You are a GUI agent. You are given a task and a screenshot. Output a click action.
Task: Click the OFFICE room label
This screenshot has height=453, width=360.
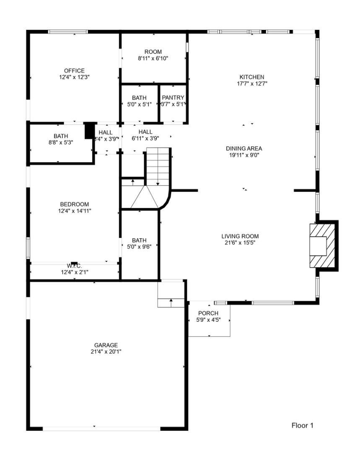pyautogui.click(x=74, y=71)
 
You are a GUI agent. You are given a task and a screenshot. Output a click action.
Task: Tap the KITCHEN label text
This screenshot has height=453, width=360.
pyautogui.click(x=251, y=77)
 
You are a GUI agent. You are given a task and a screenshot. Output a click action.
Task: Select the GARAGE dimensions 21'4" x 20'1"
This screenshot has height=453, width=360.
pyautogui.click(x=106, y=351)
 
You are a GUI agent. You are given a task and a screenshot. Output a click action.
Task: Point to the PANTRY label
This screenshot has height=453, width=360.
pyautogui.click(x=173, y=98)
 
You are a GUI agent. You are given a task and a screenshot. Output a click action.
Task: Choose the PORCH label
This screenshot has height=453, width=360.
pyautogui.click(x=208, y=313)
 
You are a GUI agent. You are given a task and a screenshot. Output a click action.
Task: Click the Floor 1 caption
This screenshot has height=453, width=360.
pyautogui.click(x=302, y=426)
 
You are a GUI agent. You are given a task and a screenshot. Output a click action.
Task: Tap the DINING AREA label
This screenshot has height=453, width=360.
pyautogui.click(x=244, y=148)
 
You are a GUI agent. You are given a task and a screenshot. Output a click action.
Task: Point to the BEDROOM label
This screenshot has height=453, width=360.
pyautogui.click(x=74, y=204)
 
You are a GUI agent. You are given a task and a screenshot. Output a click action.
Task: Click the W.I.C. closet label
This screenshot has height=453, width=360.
pyautogui.click(x=74, y=266)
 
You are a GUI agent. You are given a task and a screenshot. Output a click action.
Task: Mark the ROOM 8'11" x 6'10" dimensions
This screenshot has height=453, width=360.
pyautogui.click(x=153, y=58)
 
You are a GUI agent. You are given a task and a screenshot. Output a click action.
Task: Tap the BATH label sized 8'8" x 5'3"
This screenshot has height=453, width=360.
pyautogui.click(x=61, y=136)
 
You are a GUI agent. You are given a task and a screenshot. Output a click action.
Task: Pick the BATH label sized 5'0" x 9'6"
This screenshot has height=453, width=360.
pyautogui.click(x=139, y=240)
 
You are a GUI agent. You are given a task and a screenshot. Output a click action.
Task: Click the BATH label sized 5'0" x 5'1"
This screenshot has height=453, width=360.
pyautogui.click(x=139, y=98)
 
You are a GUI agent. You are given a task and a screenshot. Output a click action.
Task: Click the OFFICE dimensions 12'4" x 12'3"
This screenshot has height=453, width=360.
pyautogui.click(x=74, y=77)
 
